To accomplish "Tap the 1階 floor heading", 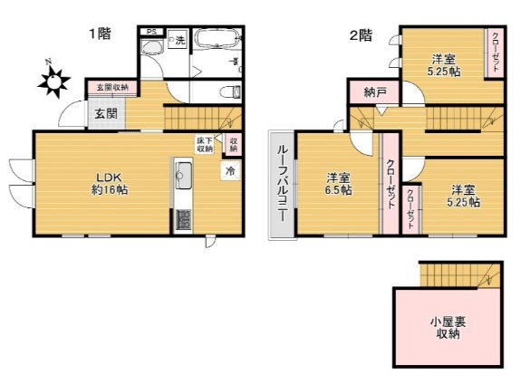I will pyautogui.click(x=100, y=35).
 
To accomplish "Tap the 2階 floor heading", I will pyautogui.click(x=362, y=35).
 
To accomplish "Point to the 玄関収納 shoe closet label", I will pyautogui.click(x=112, y=87).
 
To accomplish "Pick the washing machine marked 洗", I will pyautogui.click(x=178, y=41).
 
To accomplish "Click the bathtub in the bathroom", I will pyautogui.click(x=217, y=41).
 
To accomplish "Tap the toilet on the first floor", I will pyautogui.click(x=231, y=91).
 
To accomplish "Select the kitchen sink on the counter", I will pyautogui.click(x=181, y=172).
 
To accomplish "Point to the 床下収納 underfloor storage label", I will pyautogui.click(x=206, y=144).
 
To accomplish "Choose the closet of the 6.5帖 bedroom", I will pyautogui.click(x=390, y=185).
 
